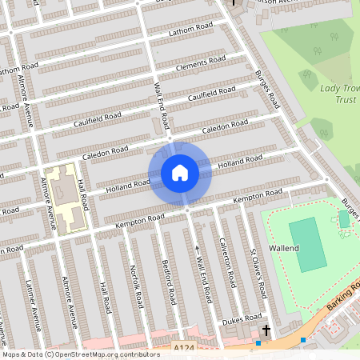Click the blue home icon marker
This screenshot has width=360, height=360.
(x=180, y=173)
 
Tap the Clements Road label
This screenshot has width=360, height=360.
(x=200, y=64)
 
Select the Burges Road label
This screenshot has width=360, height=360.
(x=267, y=90)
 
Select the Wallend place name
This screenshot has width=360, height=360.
(x=283, y=249)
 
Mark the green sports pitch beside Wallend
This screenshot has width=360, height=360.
(x=307, y=244)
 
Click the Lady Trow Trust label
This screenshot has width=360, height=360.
(x=338, y=94)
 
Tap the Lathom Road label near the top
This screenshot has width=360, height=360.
(x=191, y=30)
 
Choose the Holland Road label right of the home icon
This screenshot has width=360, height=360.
(x=240, y=162)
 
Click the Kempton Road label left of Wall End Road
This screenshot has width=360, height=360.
(x=140, y=218)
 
